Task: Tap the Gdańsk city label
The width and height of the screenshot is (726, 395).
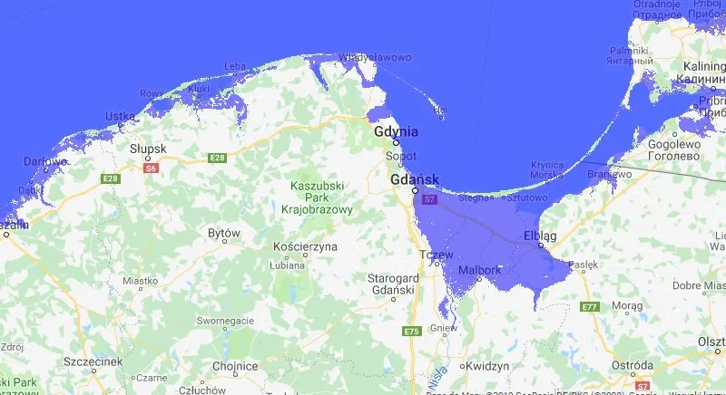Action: click(414, 179)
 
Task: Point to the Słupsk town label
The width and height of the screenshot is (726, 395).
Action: click(147, 148)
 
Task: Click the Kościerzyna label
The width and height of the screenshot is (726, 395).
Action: click(305, 246)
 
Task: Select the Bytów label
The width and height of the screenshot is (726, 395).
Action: click(223, 233)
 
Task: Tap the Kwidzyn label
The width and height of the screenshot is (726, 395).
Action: click(488, 367)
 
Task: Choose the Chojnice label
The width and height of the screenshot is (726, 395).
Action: click(235, 366)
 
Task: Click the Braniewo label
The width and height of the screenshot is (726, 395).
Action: click(608, 173)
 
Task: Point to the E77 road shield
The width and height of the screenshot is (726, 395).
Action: click(590, 307)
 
